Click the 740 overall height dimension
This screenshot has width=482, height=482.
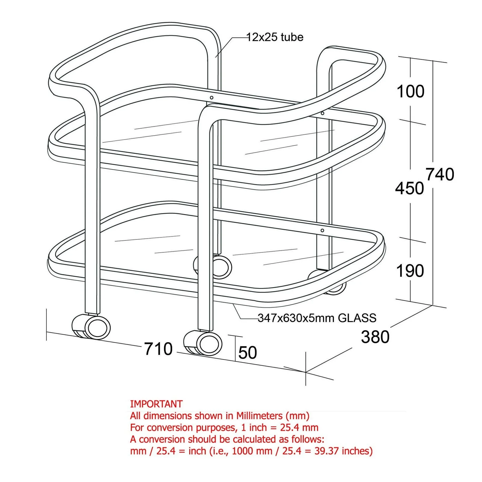tap(440, 174)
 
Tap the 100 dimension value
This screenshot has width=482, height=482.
tap(411, 91)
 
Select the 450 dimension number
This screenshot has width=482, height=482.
tap(410, 188)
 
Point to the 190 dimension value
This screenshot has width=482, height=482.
tap(410, 271)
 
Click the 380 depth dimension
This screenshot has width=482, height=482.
tap(375, 336)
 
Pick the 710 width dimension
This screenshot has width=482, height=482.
tap(158, 349)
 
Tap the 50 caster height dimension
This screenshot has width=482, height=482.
tap(248, 352)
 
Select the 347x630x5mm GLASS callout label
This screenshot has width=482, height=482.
tap(317, 318)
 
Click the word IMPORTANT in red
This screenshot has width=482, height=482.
tap(156, 404)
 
